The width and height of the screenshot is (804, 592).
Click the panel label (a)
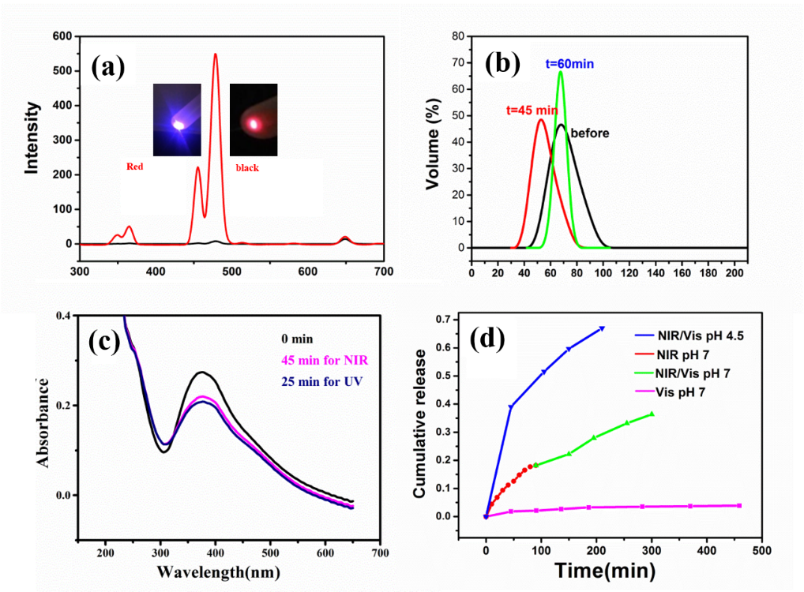coord(109,68)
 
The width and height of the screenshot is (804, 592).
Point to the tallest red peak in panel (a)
coord(215,55)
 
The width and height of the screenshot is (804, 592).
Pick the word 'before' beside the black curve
coord(590,133)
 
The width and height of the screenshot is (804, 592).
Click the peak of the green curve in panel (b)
coord(560,73)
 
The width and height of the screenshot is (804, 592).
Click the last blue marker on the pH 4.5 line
coord(602,328)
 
